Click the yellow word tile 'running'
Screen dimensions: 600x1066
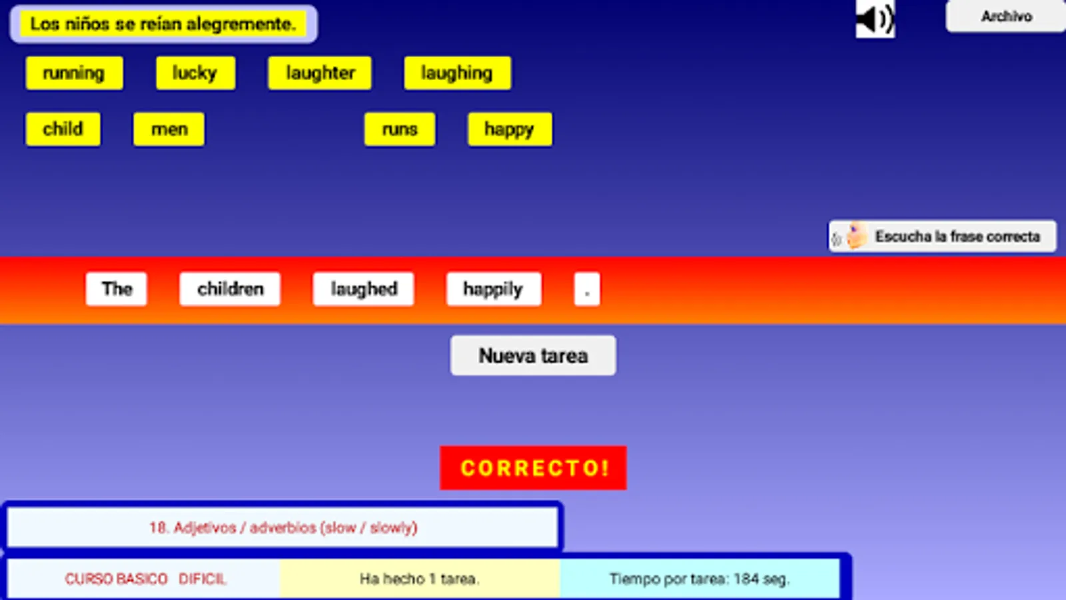point(74,73)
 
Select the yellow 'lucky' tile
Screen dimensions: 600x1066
point(195,73)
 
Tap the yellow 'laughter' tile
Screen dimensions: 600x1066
point(320,73)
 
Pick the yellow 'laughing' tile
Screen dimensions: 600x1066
point(457,73)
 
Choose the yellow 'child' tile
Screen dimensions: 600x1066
point(63,129)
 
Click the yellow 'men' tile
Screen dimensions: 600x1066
point(169,129)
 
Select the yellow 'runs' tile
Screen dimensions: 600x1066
point(400,129)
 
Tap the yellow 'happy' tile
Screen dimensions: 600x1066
point(510,129)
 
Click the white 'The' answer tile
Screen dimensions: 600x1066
point(117,289)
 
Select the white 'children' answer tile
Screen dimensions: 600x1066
point(230,289)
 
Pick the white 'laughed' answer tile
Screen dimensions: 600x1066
point(364,289)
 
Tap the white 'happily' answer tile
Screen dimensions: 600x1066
point(493,289)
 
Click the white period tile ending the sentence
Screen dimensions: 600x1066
point(587,289)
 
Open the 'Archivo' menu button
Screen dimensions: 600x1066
point(1005,16)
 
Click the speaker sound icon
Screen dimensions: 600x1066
point(875,19)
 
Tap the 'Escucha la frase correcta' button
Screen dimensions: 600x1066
point(942,236)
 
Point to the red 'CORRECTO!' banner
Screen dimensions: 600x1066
point(533,468)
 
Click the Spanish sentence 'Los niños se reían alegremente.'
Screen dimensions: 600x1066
point(163,24)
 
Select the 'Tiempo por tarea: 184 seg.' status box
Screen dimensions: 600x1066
point(700,579)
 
